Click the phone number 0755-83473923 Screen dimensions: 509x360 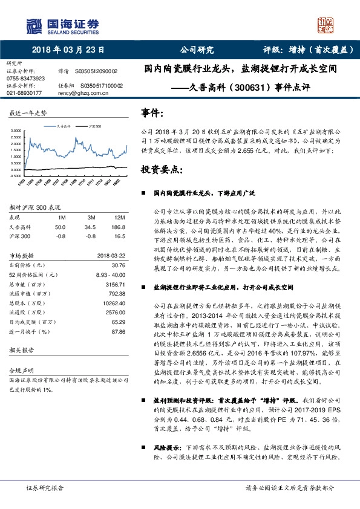click(x=25, y=79)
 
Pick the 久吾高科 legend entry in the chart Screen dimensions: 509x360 click(x=65, y=127)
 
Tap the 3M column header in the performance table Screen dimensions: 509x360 click(x=90, y=218)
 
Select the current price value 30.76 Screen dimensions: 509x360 click(x=119, y=265)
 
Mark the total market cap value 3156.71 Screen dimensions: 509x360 click(x=116, y=283)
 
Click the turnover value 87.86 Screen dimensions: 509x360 click(x=119, y=332)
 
